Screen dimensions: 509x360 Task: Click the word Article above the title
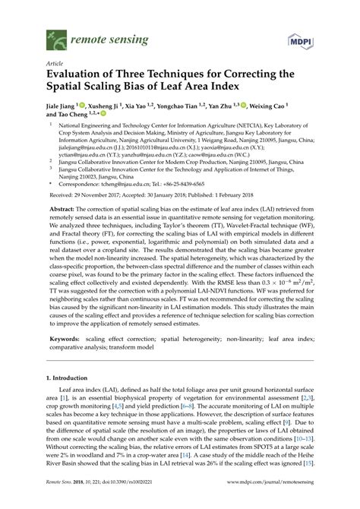tap(55, 65)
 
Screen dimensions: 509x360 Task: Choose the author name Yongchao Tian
tap(204, 108)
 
